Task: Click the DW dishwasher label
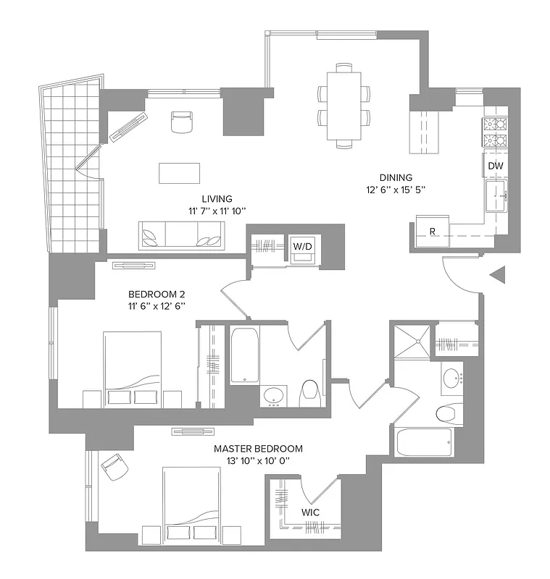496,166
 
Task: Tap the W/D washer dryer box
303,246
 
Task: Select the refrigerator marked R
432,232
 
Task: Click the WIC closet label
311,512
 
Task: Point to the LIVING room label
217,199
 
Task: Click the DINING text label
396,177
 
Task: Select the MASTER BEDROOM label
258,449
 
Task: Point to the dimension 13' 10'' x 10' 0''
258,460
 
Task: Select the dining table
343,106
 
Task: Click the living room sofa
181,234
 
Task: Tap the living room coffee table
180,173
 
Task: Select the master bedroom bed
191,504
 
